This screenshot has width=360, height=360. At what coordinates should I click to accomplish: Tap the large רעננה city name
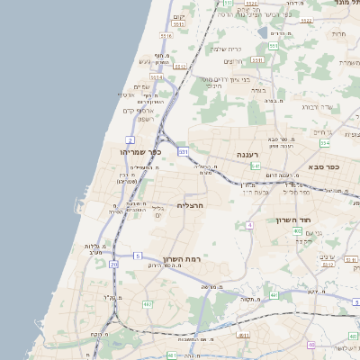click(x=247, y=155)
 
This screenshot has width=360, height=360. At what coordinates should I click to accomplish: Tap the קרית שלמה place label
click(x=225, y=49)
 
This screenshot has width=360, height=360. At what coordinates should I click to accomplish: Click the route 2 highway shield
click(x=130, y=140)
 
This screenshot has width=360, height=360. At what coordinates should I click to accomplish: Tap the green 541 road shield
click(x=256, y=166)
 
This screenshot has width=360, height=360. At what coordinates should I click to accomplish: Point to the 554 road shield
click(x=325, y=143)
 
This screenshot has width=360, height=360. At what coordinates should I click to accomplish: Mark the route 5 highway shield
click(x=138, y=256)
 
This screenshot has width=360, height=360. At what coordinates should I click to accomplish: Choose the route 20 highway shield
click(x=113, y=265)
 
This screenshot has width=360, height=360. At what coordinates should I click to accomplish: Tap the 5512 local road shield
click(x=180, y=67)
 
